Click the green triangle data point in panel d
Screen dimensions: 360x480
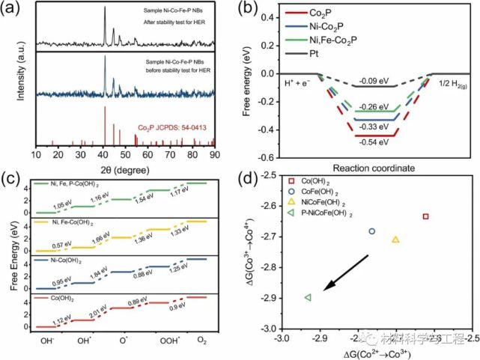pyautogui.click(x=308, y=298)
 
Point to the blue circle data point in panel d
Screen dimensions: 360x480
pyautogui.click(x=371, y=231)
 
